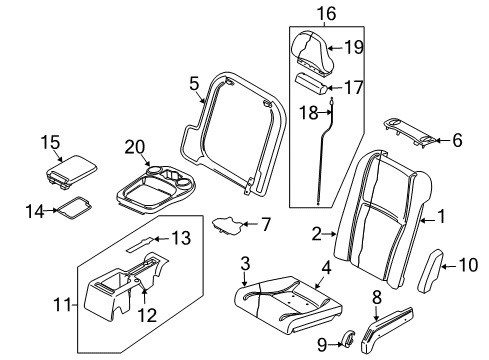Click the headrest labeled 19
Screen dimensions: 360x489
click(x=313, y=50)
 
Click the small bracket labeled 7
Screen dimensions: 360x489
click(x=227, y=225)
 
